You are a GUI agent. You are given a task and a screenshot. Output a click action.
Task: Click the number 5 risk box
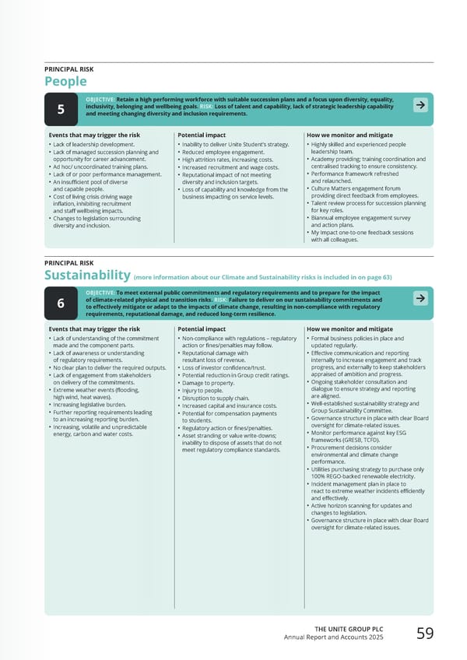point(61,110)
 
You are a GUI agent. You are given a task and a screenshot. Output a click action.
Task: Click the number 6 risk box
point(61,304)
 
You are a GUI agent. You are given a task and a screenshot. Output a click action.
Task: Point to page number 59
point(425,634)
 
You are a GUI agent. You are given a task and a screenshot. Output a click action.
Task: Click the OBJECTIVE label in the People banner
point(100,100)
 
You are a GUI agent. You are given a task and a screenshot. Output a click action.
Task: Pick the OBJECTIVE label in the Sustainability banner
point(100,293)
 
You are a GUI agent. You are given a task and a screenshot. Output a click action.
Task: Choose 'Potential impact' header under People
point(202,135)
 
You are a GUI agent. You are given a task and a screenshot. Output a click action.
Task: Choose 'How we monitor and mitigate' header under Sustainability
point(349,329)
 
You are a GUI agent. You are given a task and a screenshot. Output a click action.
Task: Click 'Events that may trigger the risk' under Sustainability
point(93,329)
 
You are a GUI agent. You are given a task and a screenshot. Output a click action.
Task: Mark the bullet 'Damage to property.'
point(208,384)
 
